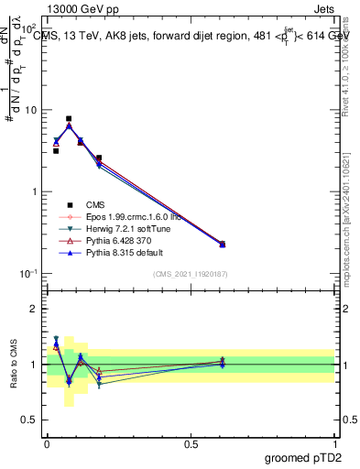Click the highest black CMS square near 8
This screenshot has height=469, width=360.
(x=69, y=118)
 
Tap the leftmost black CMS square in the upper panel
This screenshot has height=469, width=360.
(x=56, y=151)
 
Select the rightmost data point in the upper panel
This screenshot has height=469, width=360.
(x=223, y=245)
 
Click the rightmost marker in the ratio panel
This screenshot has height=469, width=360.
(x=223, y=363)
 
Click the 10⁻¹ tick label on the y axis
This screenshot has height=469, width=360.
(x=27, y=274)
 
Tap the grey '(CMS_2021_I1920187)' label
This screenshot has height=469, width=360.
(x=190, y=274)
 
